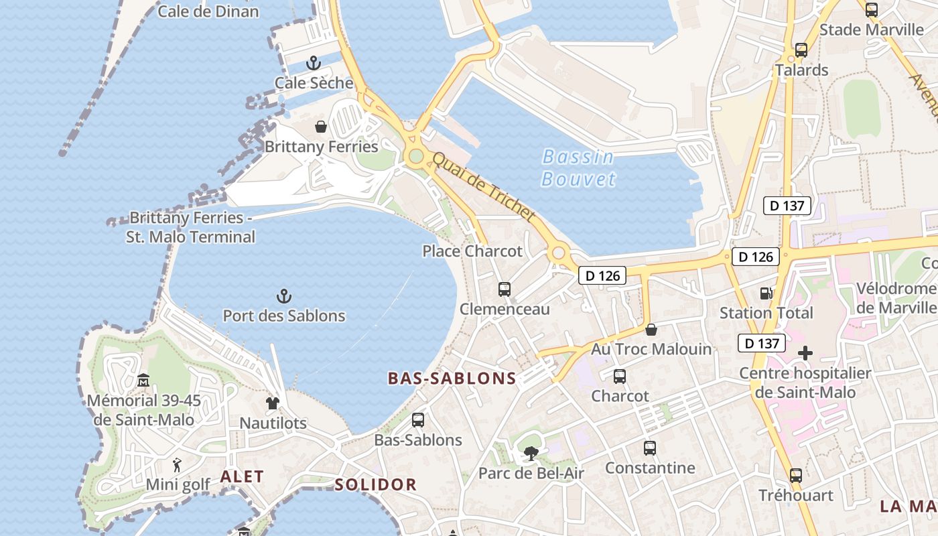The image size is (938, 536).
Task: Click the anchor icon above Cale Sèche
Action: [x=313, y=63]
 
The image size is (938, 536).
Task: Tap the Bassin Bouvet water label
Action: [x=578, y=167]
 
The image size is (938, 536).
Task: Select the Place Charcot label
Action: [x=472, y=251]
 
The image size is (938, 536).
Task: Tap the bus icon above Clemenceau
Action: [x=505, y=289]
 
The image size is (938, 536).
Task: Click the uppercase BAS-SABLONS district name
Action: [x=452, y=379]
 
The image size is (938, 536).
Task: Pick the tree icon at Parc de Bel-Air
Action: [x=531, y=454]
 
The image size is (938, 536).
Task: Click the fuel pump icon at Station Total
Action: [x=765, y=293]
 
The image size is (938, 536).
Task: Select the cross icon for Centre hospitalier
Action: [x=805, y=353]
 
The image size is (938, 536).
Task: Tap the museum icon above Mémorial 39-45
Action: [x=143, y=381]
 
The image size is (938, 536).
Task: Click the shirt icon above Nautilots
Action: [x=273, y=403]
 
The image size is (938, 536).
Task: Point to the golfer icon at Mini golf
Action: [x=178, y=464]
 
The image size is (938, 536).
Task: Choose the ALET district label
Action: [x=242, y=477]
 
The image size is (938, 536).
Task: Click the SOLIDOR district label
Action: [x=375, y=484]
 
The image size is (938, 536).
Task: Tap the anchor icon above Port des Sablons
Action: [x=284, y=295]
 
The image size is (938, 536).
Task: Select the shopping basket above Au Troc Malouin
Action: [x=651, y=330]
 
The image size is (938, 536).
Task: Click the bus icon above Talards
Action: [x=801, y=50]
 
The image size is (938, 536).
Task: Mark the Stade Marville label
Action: [x=872, y=29]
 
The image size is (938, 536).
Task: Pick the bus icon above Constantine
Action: [x=650, y=448]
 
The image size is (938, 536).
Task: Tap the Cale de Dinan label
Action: [x=208, y=11]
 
